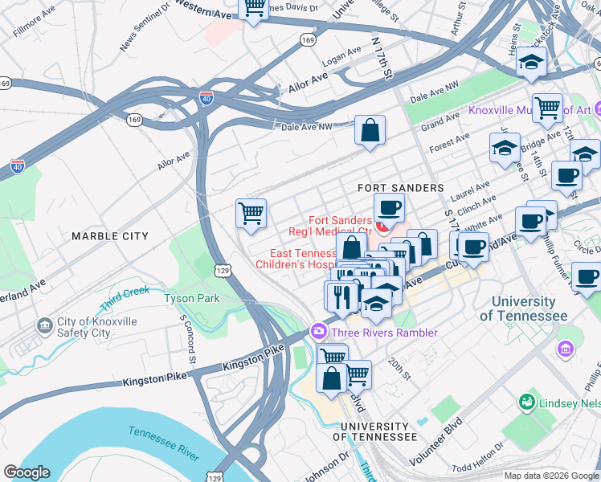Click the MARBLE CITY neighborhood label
click(110, 236)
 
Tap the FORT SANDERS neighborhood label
click(400, 188)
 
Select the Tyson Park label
click(191, 298)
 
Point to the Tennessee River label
click(164, 443)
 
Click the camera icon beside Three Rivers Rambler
click(319, 333)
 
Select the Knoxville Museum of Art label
click(530, 110)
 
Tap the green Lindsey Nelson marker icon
click(527, 401)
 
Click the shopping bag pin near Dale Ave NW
click(370, 130)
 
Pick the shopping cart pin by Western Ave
click(254, 8)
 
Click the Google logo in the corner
click(27, 472)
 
